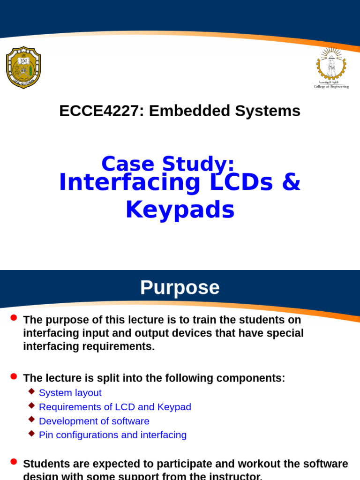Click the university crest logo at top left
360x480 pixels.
click(23, 67)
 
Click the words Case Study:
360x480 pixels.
click(168, 164)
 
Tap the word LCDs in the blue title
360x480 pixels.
click(241, 182)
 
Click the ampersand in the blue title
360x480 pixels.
click(291, 182)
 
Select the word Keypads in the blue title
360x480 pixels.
click(180, 210)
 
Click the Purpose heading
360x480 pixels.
click(180, 287)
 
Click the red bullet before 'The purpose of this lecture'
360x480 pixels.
click(14, 318)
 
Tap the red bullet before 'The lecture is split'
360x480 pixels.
click(14, 376)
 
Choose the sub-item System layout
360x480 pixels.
click(70, 393)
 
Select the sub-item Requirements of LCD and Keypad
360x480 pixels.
click(115, 407)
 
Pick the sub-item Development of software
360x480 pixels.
click(94, 421)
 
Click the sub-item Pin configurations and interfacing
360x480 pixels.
click(112, 435)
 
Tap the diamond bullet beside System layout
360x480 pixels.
click(31, 391)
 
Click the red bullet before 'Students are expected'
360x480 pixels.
click(14, 462)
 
